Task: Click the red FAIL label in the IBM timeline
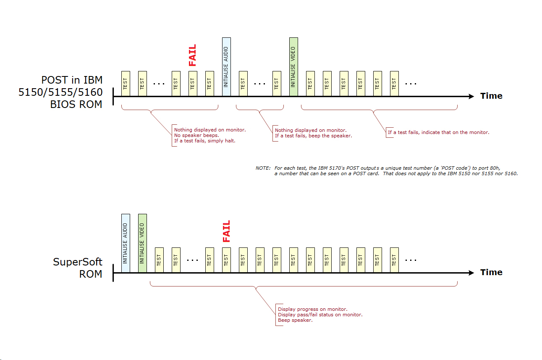(x=192, y=55)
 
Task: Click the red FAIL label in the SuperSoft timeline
(x=226, y=231)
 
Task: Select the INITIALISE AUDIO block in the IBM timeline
(x=226, y=67)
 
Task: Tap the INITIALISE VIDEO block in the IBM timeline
(x=293, y=67)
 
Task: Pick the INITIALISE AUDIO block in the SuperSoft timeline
(x=126, y=243)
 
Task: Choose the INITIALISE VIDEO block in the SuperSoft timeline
(x=142, y=243)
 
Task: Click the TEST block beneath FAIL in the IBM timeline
(x=193, y=84)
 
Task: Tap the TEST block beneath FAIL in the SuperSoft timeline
(x=226, y=260)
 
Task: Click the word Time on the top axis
(x=491, y=96)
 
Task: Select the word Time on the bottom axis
(x=491, y=272)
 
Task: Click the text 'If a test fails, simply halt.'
(x=205, y=141)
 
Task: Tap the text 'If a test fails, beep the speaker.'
(x=313, y=136)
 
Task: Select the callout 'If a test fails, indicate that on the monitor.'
(x=438, y=132)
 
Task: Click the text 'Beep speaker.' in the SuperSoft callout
(x=295, y=320)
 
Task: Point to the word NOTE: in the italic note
(x=263, y=168)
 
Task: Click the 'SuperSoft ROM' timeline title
(x=78, y=268)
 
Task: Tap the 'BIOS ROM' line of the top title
(x=76, y=105)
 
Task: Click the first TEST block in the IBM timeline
(x=126, y=84)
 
